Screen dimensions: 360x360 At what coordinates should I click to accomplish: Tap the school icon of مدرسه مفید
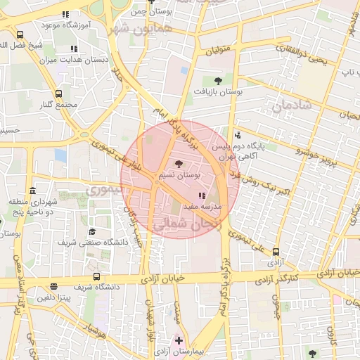pos(202,195)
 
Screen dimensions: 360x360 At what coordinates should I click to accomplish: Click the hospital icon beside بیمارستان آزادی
pos(179,340)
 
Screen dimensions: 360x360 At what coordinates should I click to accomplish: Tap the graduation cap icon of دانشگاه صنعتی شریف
pos(92,231)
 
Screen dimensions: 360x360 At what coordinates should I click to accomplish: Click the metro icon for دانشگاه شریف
pos(96,276)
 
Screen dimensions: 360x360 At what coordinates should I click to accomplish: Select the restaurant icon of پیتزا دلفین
pos(54,285)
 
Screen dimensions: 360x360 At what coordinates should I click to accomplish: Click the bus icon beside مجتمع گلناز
pos(58,93)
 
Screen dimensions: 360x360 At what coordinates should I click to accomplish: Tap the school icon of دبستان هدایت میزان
pos(74,49)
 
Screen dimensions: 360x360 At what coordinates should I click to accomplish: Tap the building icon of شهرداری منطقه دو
pos(32,191)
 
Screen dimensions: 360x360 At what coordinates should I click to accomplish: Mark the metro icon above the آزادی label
pos(276,251)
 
